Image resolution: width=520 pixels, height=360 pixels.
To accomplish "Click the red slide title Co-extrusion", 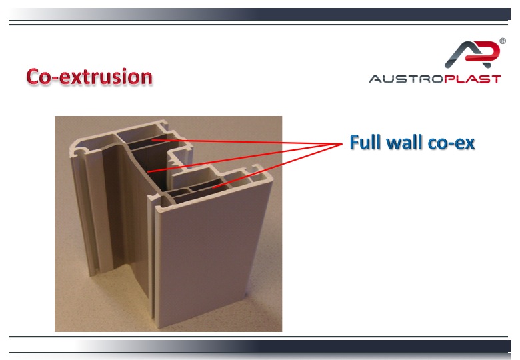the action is coord(89,77).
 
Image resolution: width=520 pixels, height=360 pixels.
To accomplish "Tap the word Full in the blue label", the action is coord(366,142).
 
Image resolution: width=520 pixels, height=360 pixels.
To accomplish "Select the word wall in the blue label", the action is coord(405,142).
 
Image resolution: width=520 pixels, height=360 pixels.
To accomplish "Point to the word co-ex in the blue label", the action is coord(451,143).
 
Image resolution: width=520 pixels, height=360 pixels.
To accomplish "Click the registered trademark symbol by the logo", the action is coord(503,41).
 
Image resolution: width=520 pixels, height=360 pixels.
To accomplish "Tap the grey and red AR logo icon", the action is coord(472,55).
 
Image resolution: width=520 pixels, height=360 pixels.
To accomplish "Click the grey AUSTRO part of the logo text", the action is coord(406,79).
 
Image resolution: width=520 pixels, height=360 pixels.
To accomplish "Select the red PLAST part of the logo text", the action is coord(473,79).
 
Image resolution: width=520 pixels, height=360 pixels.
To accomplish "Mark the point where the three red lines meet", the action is coord(342,144).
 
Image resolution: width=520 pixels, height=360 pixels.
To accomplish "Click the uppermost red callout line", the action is coord(247,142).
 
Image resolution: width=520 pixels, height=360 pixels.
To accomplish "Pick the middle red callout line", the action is coord(245,158).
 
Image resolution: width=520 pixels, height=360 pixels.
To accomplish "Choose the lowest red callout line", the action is coord(277,166).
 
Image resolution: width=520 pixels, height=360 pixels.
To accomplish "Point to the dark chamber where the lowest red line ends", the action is coord(208,187).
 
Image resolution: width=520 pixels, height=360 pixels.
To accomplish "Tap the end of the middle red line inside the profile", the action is coord(147,172).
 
